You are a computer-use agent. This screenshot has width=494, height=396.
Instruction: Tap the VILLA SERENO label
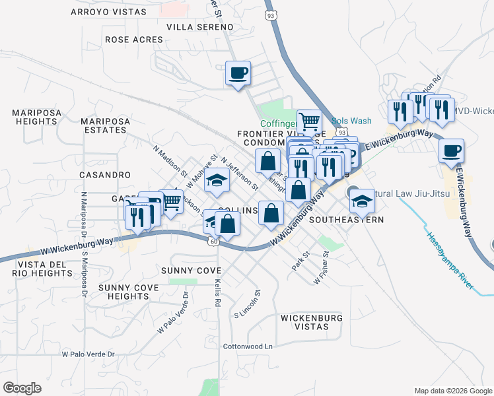point(200,27)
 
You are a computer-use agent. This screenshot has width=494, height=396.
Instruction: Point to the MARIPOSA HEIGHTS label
point(34,117)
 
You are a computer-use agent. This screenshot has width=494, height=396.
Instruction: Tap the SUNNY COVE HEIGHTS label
point(129,292)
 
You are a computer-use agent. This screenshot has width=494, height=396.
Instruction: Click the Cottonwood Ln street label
point(248,346)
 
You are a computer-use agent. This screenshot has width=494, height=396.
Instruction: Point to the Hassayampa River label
point(449,260)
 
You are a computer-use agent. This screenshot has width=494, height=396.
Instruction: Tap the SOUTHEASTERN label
point(346,220)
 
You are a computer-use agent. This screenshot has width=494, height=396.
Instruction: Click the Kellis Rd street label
point(217,292)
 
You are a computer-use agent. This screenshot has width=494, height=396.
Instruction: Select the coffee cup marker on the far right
point(451,150)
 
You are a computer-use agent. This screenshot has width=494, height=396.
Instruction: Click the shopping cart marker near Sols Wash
point(309,121)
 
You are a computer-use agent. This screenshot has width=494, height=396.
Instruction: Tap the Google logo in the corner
point(22,388)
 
